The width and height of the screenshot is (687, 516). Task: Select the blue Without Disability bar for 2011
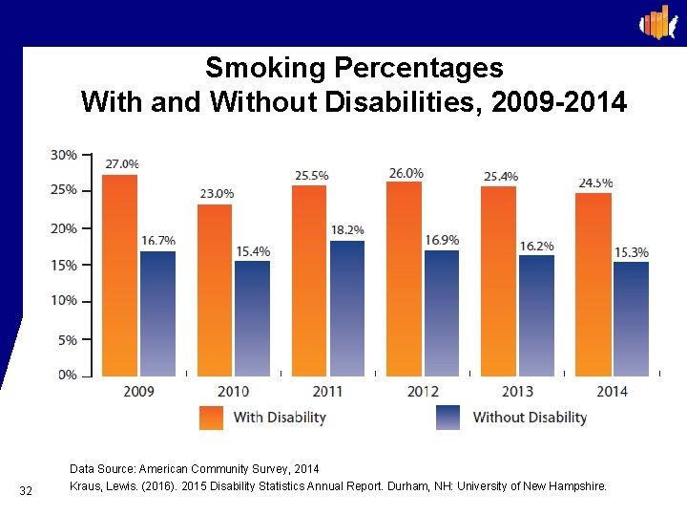point(347,308)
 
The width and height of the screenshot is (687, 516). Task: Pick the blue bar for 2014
point(631,318)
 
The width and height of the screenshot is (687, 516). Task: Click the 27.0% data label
point(121,164)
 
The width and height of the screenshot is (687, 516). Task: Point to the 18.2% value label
point(348,230)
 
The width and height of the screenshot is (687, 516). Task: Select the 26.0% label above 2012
point(406,173)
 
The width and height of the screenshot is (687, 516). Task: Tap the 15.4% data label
point(253,251)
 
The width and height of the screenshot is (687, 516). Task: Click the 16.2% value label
point(536,246)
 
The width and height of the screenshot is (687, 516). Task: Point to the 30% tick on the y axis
point(64,155)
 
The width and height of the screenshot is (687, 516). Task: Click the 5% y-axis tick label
point(67,339)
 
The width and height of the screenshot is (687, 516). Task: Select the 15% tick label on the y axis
point(64,265)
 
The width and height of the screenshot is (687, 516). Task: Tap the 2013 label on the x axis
point(517,391)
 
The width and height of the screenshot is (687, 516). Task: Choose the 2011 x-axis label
point(328,391)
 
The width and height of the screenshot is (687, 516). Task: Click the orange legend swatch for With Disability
point(211,418)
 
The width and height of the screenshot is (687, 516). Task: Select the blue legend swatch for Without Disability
point(448,418)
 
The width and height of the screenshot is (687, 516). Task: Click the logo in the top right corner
point(656,23)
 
